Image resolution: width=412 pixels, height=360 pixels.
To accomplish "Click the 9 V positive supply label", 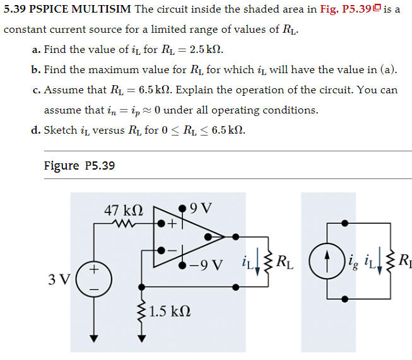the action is [201, 207].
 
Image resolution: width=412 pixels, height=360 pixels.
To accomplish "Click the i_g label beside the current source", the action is [351, 260].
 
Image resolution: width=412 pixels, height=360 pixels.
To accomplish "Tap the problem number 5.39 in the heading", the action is [16, 9].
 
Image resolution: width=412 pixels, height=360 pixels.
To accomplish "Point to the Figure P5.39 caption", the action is [79, 166].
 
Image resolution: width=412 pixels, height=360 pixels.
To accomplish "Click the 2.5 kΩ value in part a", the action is [203, 49].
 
